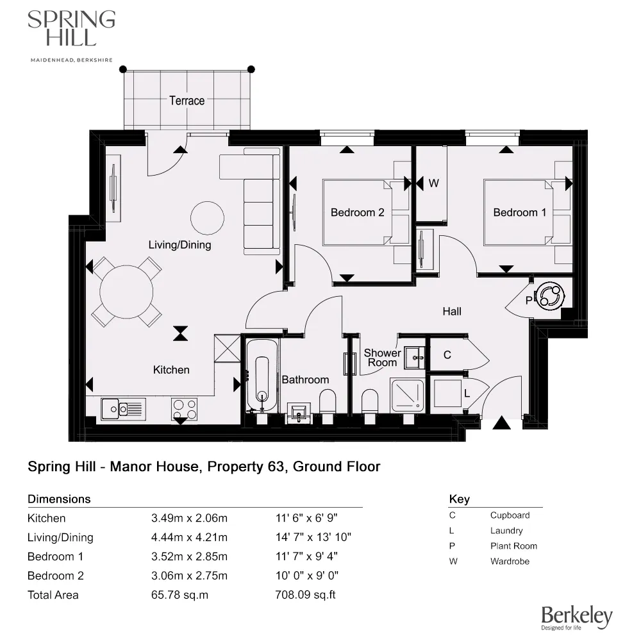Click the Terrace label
pos(187,101)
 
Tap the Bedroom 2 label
pos(357,212)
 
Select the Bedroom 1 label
pos(519,212)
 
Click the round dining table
pos(127,292)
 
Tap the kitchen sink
pos(123,407)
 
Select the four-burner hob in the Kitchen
pos(184,408)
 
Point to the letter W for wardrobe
pos(433,183)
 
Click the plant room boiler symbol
pos(551,296)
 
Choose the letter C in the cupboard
pos(447,355)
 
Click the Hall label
pos(452,312)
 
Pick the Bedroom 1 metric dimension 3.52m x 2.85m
pos(188,556)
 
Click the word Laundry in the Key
pos(506,531)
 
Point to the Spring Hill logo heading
pos(71,29)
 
